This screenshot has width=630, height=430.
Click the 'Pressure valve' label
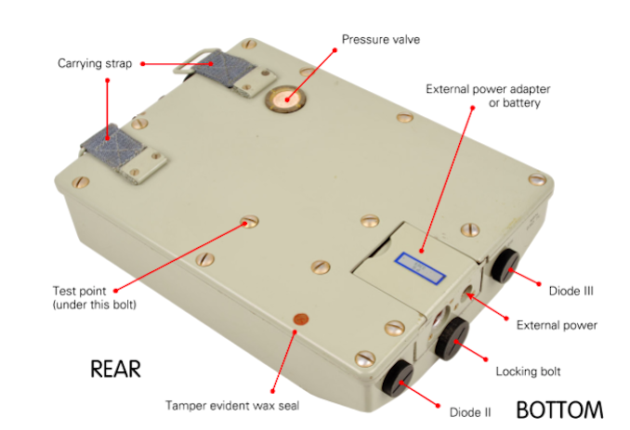(381, 39)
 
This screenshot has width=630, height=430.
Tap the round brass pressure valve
(285, 98)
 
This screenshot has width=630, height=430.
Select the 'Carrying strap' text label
(95, 63)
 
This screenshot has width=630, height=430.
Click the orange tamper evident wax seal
(301, 320)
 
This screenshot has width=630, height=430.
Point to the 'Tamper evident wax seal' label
(232, 406)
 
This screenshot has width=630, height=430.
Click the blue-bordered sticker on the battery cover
(420, 268)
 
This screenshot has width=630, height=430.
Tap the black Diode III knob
(505, 266)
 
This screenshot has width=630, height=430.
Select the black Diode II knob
(398, 378)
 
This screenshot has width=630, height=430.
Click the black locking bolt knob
(452, 338)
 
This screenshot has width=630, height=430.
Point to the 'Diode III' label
(571, 291)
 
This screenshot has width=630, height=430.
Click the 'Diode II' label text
(470, 412)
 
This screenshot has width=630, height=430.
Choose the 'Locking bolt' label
(528, 371)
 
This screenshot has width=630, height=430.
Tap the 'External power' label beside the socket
(557, 325)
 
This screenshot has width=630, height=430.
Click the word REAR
(116, 369)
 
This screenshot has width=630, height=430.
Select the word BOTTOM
(559, 410)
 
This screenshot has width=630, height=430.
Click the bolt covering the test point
(250, 221)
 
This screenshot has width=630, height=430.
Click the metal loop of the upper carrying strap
(190, 64)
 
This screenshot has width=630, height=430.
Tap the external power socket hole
(468, 293)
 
